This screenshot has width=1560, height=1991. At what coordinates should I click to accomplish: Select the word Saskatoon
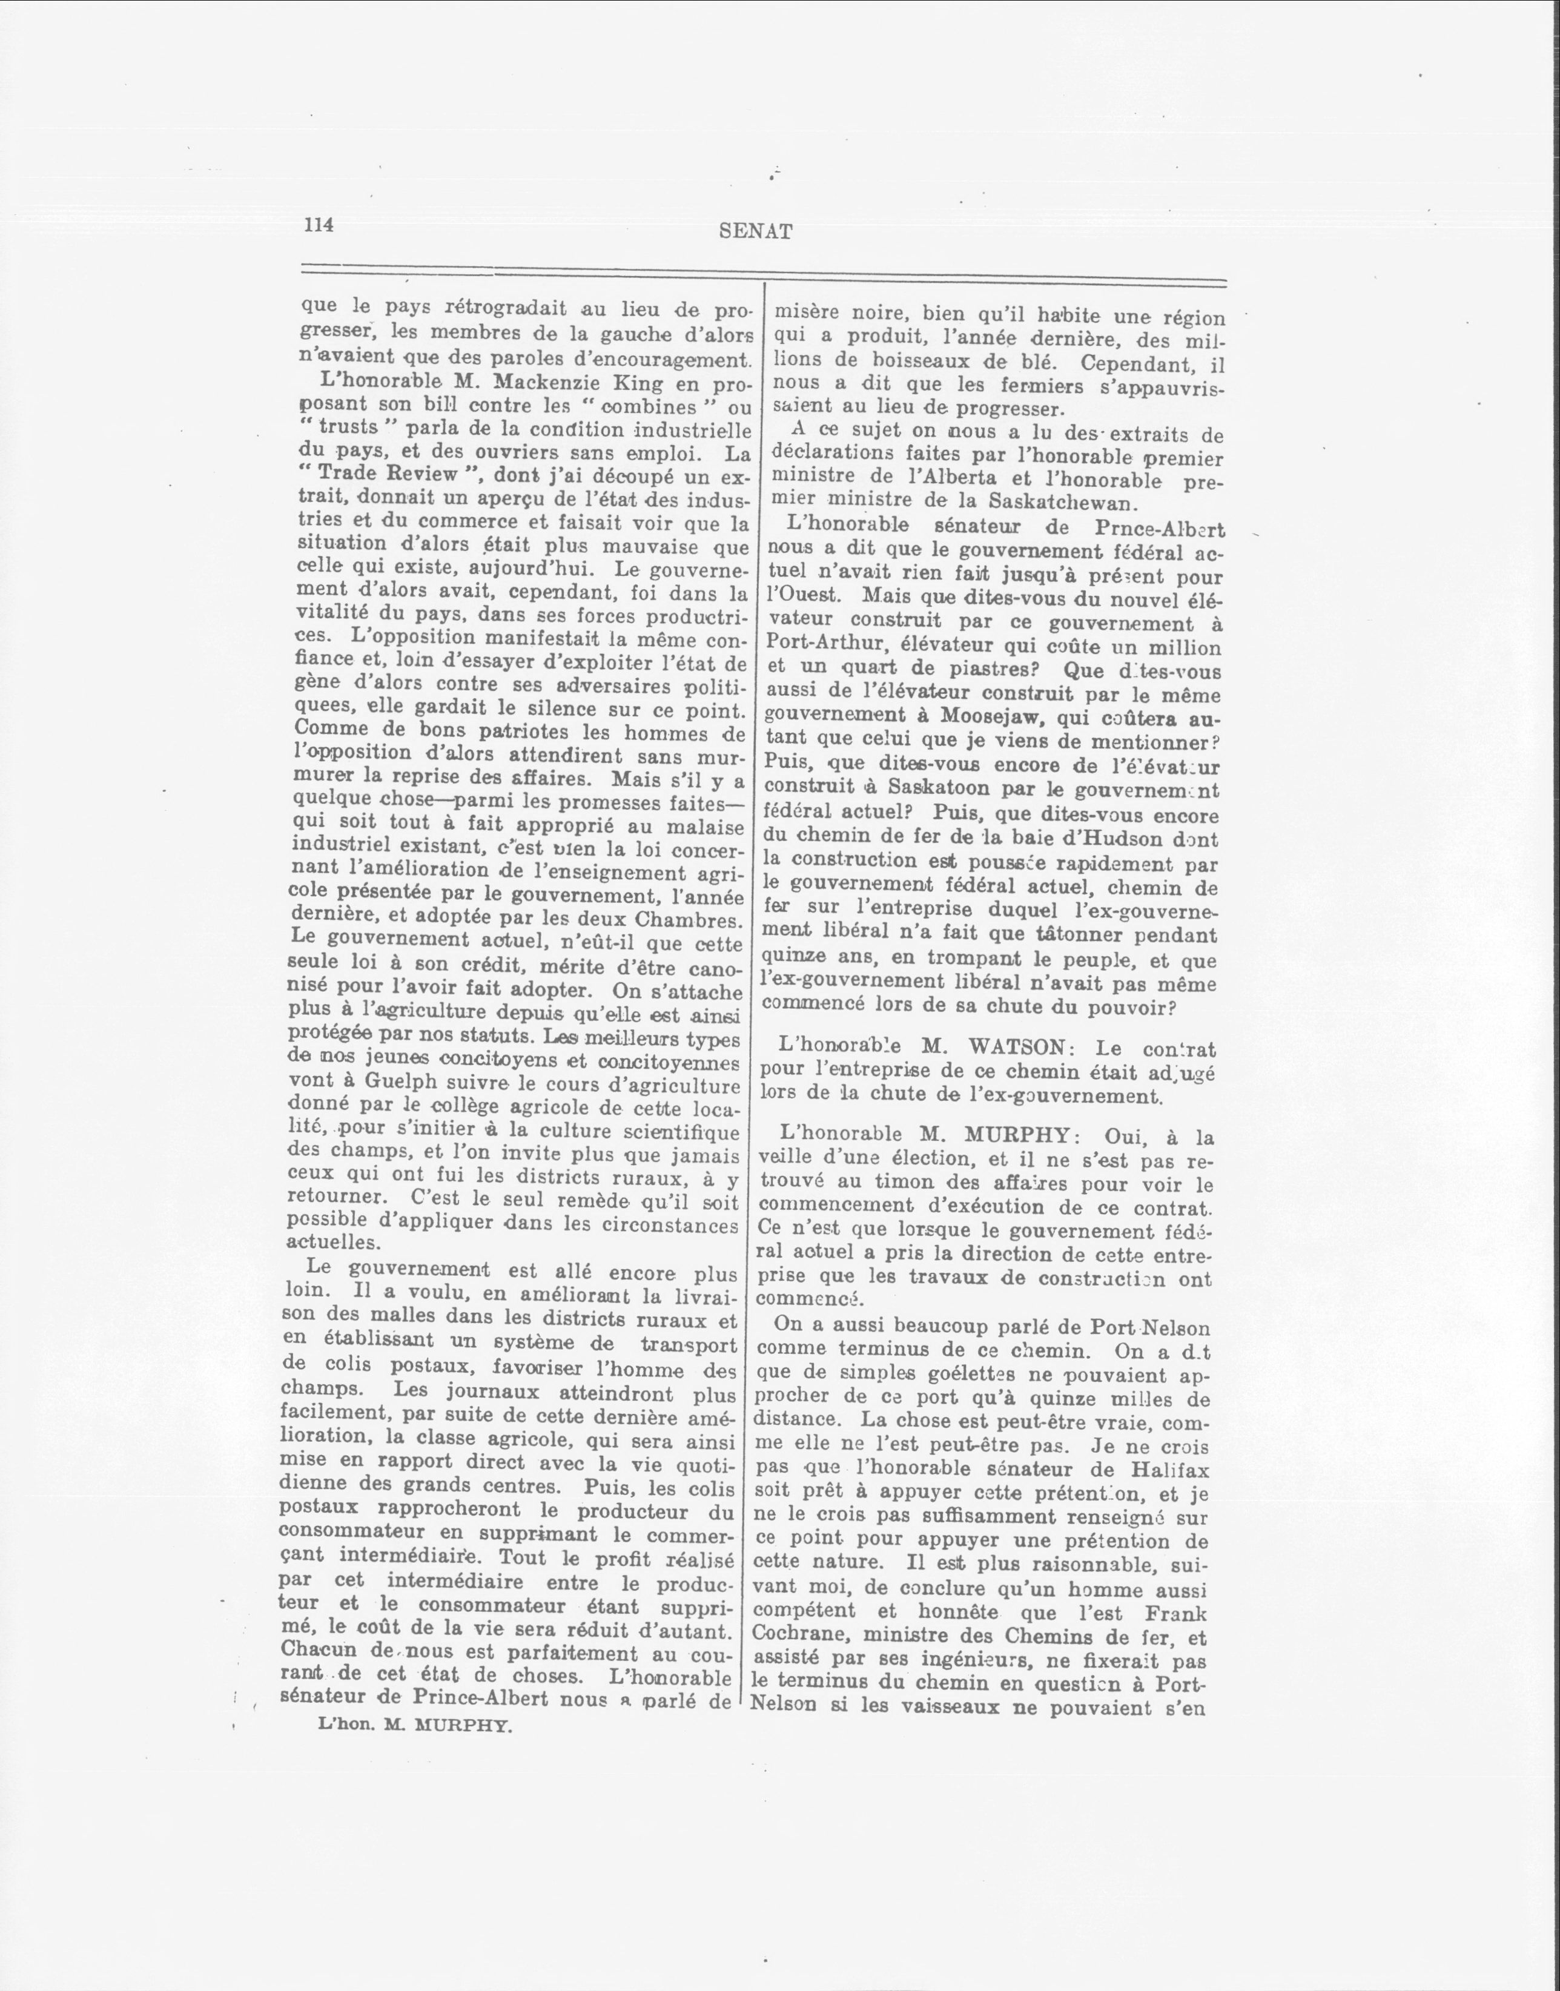(x=937, y=788)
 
